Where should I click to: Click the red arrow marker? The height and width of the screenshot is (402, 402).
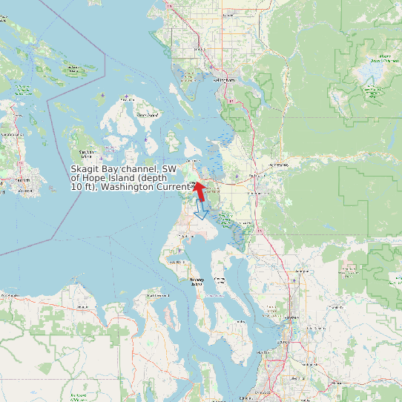point(200,189)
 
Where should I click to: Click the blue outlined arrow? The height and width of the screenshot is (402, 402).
point(200,211)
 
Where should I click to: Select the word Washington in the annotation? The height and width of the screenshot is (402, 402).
point(128,188)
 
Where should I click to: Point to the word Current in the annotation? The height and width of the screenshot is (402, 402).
point(173,188)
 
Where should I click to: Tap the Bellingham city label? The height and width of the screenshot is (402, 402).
point(224,79)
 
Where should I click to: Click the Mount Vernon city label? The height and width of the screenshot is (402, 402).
point(258,192)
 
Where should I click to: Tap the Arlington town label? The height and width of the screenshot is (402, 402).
point(301,271)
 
